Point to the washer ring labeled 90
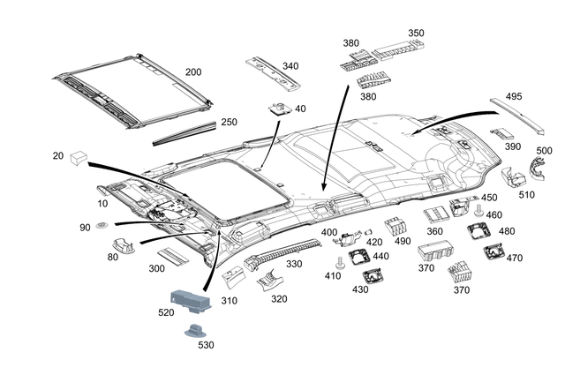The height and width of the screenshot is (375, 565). (x=101, y=229)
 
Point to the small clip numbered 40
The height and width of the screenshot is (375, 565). (x=279, y=109)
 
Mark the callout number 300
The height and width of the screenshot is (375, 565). (x=158, y=268)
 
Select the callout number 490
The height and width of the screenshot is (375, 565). (x=403, y=241)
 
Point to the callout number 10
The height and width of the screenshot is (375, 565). (x=102, y=204)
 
